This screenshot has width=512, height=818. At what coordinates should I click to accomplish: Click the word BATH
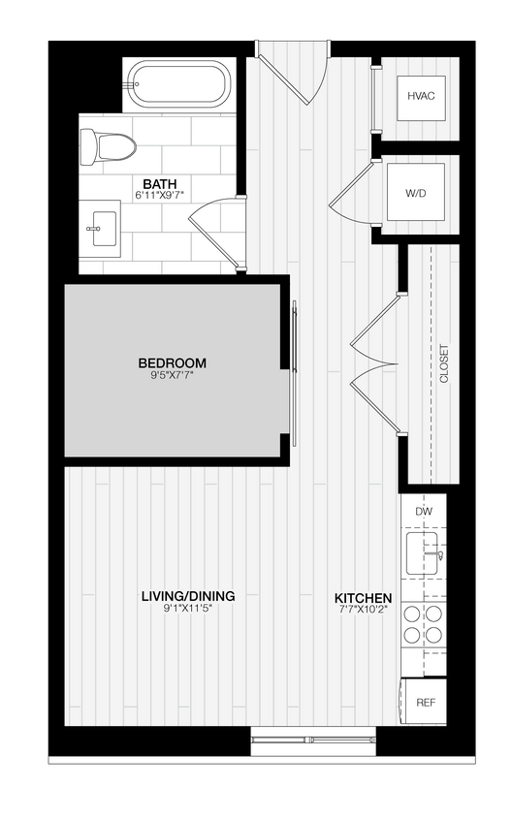[x=159, y=183]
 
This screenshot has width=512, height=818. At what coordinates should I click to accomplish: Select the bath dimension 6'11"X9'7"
[x=159, y=196]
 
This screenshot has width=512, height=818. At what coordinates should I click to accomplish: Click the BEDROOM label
[x=172, y=363]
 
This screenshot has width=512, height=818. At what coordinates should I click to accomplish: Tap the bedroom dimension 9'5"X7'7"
[x=172, y=376]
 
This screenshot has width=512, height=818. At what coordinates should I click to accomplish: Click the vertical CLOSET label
[x=445, y=364]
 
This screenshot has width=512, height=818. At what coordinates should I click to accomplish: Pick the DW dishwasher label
[x=424, y=511]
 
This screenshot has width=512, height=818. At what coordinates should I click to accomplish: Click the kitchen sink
[x=425, y=551]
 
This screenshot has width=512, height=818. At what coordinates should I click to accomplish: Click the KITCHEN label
[x=364, y=598]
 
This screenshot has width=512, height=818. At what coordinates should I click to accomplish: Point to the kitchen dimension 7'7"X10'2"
[x=364, y=611]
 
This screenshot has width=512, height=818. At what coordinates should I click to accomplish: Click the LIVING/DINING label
[x=188, y=596]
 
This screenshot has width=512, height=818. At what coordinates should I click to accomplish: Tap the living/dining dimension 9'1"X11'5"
[x=188, y=610]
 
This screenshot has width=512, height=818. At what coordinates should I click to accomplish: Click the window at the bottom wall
[x=312, y=741]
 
